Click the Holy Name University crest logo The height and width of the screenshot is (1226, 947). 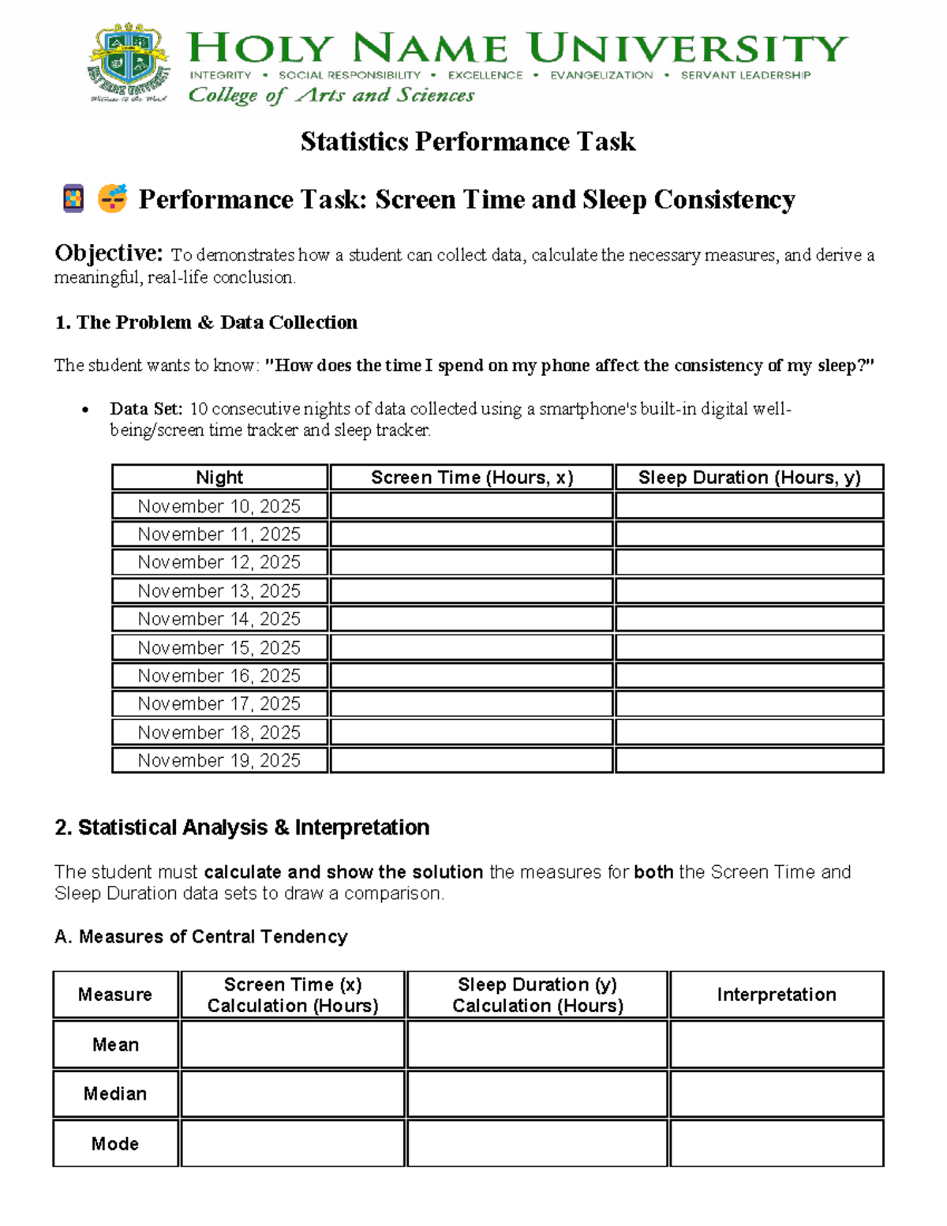coord(129,63)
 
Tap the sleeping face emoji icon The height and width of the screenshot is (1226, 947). coord(112,198)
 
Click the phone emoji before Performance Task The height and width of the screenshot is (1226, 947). coord(73,198)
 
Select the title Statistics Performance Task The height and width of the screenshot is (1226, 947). coord(468,141)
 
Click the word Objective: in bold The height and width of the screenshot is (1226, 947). coord(109,253)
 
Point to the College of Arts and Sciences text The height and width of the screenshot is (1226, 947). coord(331,96)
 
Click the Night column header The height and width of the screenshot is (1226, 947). coord(219,478)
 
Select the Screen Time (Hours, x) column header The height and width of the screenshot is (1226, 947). coord(472,478)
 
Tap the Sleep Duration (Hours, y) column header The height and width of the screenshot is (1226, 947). coord(749,478)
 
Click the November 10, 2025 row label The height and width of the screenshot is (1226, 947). coord(219,506)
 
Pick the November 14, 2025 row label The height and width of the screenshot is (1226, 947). coord(219,619)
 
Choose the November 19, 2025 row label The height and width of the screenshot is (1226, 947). coord(219,760)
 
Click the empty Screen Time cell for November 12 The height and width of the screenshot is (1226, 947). coord(472,562)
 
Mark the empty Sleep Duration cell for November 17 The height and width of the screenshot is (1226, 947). coord(749,703)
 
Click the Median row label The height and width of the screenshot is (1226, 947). coord(115,1093)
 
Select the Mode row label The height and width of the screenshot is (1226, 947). coord(115,1143)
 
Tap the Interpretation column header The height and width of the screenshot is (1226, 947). coord(777,995)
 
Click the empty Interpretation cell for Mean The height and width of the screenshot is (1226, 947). coord(777,1044)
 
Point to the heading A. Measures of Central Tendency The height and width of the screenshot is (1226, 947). coord(201,936)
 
